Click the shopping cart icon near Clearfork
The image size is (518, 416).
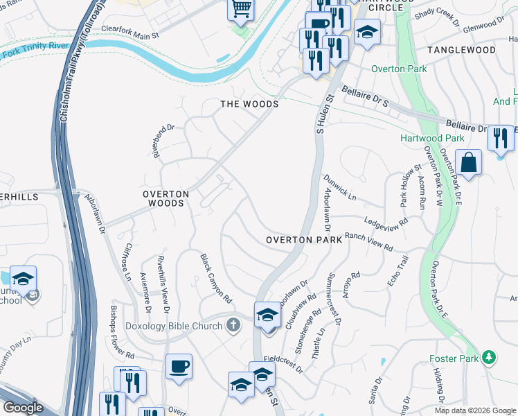coord(240,9)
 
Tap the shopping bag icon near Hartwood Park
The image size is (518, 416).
coord(469,163)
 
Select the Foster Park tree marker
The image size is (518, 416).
coord(490,357)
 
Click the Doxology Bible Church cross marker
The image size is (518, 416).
coord(234,324)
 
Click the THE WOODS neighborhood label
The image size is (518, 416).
coord(249,104)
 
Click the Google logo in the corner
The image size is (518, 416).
coord(22,408)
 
